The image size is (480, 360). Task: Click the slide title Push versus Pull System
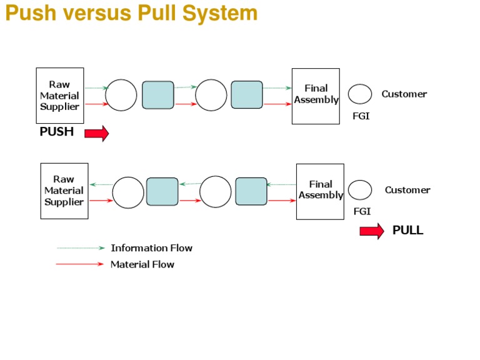tap(131, 13)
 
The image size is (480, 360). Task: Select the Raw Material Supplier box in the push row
tap(60, 96)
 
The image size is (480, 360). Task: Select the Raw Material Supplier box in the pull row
tap(64, 191)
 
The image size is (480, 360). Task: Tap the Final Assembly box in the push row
tap(316, 96)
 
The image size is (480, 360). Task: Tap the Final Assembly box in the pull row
tap(320, 191)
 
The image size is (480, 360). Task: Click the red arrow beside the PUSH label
tap(96, 133)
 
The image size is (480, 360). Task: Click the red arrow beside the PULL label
tap(372, 231)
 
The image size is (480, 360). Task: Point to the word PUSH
tap(57, 132)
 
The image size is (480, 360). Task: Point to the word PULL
tap(407, 231)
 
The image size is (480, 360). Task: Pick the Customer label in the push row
tap(404, 94)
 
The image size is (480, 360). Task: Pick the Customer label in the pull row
tap(407, 190)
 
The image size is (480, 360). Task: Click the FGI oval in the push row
tap(360, 94)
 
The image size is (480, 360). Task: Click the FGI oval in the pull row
tap(360, 190)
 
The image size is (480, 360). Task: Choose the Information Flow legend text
tap(151, 248)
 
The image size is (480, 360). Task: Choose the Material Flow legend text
tap(142, 264)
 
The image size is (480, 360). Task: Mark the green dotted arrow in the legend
tap(81, 248)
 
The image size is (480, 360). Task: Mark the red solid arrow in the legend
tap(80, 264)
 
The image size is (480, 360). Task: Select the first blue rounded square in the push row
tap(157, 95)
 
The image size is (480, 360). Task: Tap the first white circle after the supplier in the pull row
tap(128, 192)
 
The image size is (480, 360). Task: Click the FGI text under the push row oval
tap(361, 116)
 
